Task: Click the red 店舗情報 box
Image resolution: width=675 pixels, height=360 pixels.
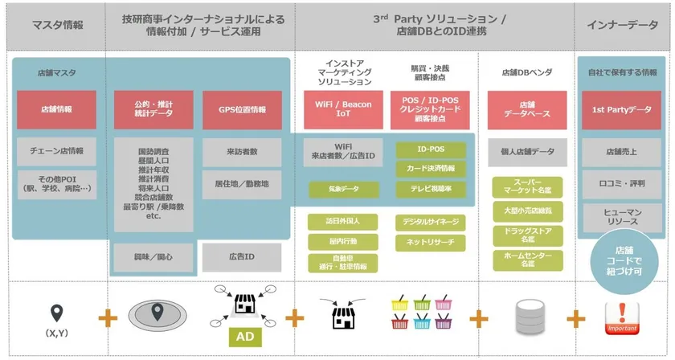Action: (x=56, y=109)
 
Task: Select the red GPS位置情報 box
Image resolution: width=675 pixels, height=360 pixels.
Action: (x=242, y=109)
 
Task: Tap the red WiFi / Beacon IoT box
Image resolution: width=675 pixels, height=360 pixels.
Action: (x=343, y=109)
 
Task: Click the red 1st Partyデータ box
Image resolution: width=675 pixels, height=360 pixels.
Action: (x=622, y=109)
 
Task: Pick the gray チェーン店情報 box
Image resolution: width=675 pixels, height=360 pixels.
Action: (x=56, y=151)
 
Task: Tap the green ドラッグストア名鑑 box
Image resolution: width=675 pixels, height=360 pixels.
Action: (x=528, y=235)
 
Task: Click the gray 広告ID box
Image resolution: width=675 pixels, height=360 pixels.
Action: (x=242, y=257)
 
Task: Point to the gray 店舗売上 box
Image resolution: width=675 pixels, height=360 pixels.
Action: (x=622, y=151)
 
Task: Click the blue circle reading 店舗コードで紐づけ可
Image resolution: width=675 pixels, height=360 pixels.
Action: (x=622, y=256)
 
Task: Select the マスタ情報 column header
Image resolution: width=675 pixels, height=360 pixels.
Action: (x=56, y=25)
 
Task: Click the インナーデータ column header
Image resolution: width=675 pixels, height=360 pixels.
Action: (x=622, y=25)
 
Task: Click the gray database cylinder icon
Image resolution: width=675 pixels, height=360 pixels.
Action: (x=528, y=316)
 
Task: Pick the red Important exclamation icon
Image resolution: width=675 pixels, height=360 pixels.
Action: (x=622, y=317)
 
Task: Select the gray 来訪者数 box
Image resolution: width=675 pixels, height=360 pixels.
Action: (x=242, y=151)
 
